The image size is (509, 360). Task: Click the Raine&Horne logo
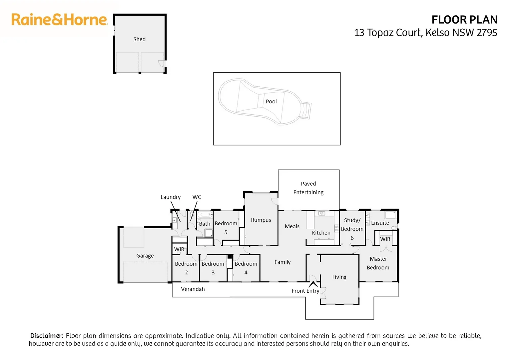click(x=59, y=19)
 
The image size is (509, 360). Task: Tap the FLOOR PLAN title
click(x=464, y=20)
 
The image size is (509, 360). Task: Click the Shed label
click(x=139, y=39)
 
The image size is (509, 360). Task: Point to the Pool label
click(x=271, y=101)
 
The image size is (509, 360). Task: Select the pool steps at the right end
click(x=305, y=110)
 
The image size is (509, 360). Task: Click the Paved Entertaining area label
click(x=308, y=188)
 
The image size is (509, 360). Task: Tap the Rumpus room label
click(x=261, y=220)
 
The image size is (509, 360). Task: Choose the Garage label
click(x=145, y=256)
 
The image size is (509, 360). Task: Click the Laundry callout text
click(x=171, y=197)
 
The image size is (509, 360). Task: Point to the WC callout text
click(x=197, y=197)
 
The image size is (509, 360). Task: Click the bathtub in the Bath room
click(x=205, y=214)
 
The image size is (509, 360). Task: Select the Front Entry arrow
click(x=313, y=284)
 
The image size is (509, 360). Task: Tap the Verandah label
click(x=193, y=289)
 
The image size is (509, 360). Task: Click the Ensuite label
click(x=380, y=223)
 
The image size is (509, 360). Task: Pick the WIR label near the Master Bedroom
click(x=385, y=239)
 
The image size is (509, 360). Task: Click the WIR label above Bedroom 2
click(x=179, y=249)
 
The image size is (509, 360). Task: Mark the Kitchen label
click(x=321, y=233)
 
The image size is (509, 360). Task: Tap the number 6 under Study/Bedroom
click(x=352, y=238)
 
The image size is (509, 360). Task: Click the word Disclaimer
click(x=47, y=336)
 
